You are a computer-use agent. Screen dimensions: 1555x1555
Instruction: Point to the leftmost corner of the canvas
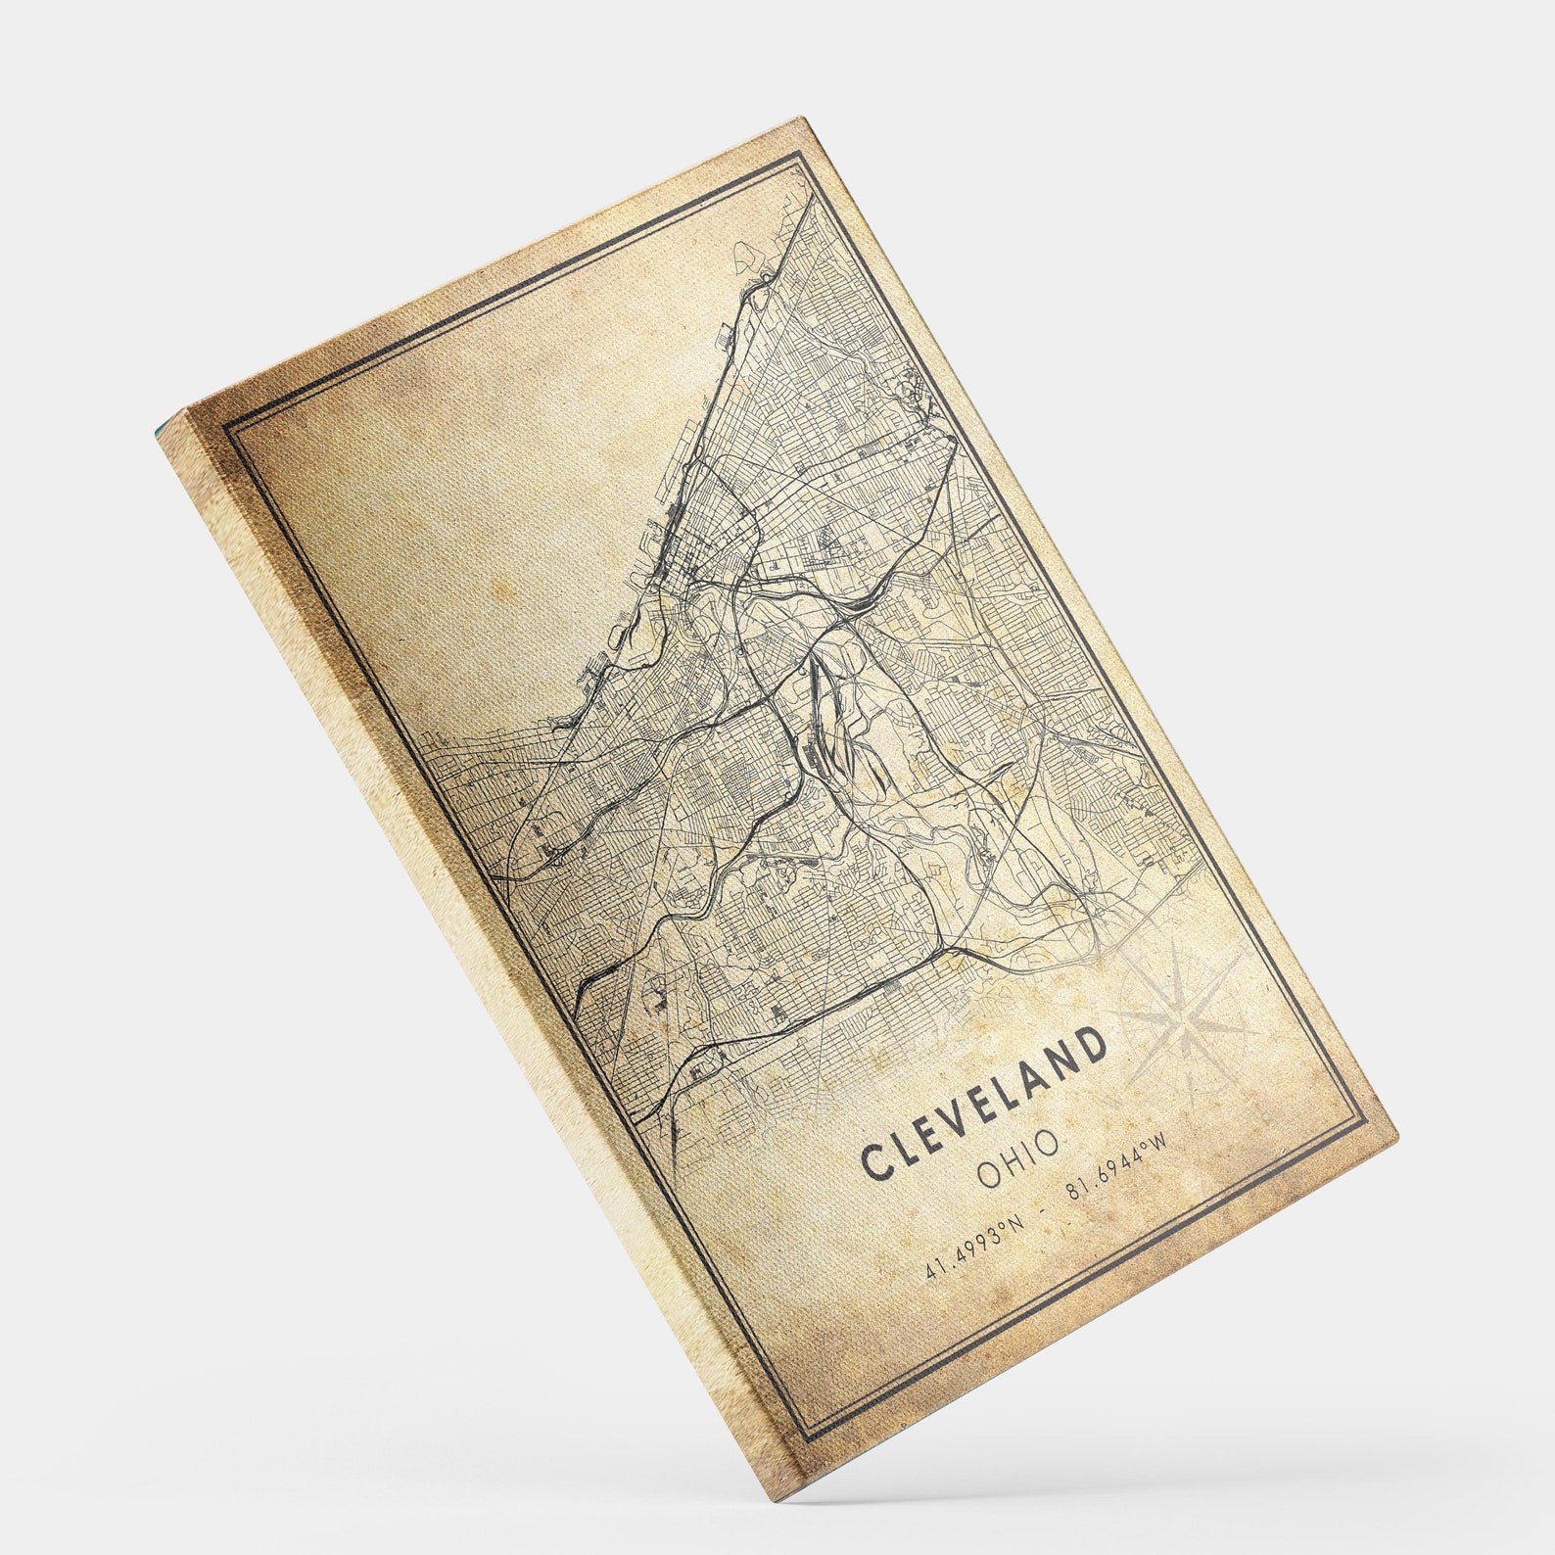point(157,431)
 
